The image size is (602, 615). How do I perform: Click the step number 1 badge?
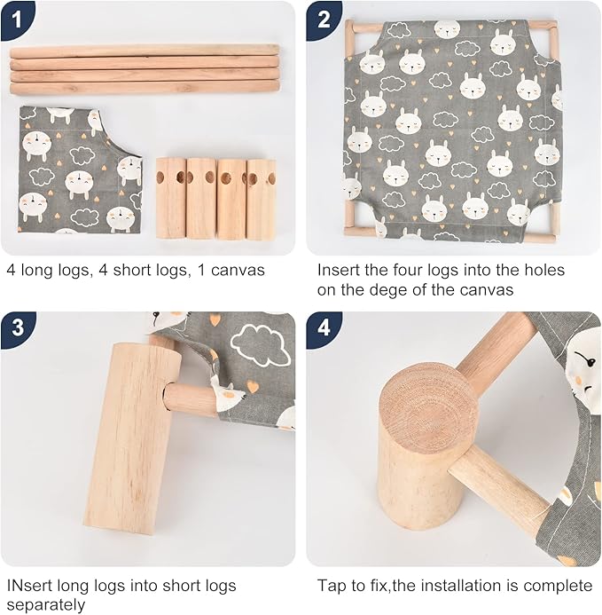pyautogui.click(x=17, y=20)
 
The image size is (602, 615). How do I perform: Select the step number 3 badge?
pyautogui.click(x=18, y=328)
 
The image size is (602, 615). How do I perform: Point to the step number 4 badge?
pyautogui.click(x=324, y=328)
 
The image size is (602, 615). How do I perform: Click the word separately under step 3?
pyautogui.click(x=46, y=605)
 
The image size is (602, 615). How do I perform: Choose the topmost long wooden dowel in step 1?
pyautogui.click(x=145, y=51)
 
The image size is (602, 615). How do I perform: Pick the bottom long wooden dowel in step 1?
pyautogui.click(x=145, y=88)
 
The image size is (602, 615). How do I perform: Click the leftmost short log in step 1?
pyautogui.click(x=171, y=198)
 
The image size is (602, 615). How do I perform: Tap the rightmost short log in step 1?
pyautogui.click(x=261, y=199)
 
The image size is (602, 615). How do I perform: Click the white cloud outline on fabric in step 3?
pyautogui.click(x=260, y=344)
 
